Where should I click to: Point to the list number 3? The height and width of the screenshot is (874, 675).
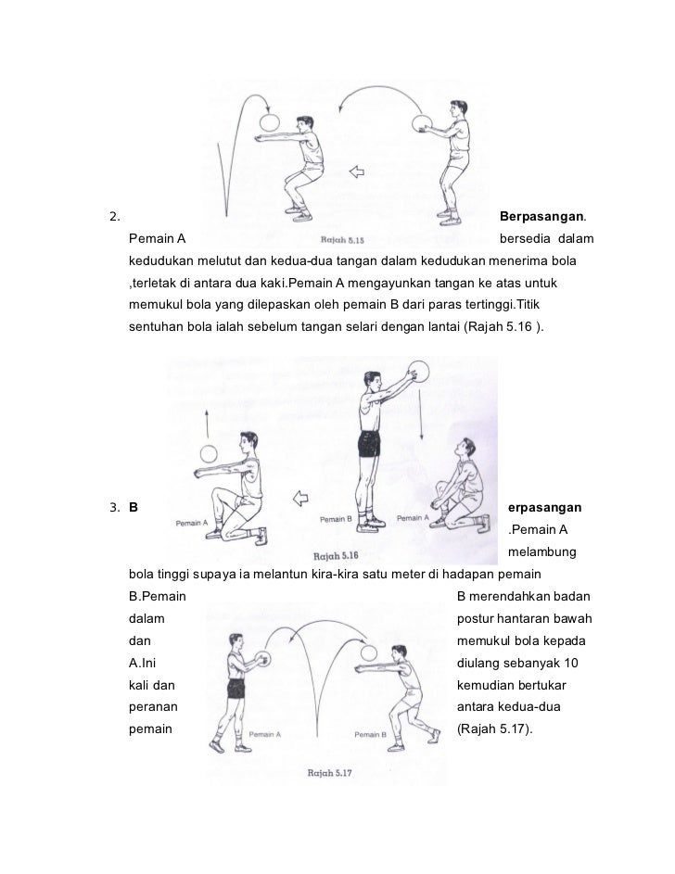[113, 508]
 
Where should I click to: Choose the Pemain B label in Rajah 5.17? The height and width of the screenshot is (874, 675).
[369, 734]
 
